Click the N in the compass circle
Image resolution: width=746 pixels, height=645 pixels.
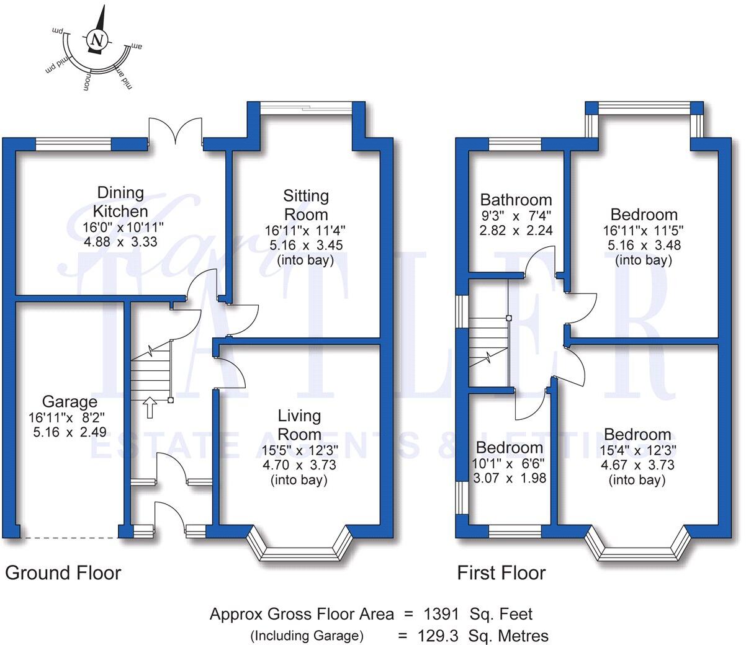96,40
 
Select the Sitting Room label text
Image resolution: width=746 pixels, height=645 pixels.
305,205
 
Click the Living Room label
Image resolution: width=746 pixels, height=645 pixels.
299,425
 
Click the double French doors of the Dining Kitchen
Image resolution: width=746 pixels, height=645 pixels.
176,132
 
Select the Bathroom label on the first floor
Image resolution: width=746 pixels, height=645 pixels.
516,200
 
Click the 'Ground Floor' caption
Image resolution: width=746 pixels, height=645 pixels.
63,572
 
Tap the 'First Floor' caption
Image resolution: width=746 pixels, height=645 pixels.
501,572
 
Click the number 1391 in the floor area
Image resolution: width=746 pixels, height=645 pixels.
441,614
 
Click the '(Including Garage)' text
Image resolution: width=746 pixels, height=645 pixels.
307,636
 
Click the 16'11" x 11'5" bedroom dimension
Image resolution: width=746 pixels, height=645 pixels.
644,230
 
